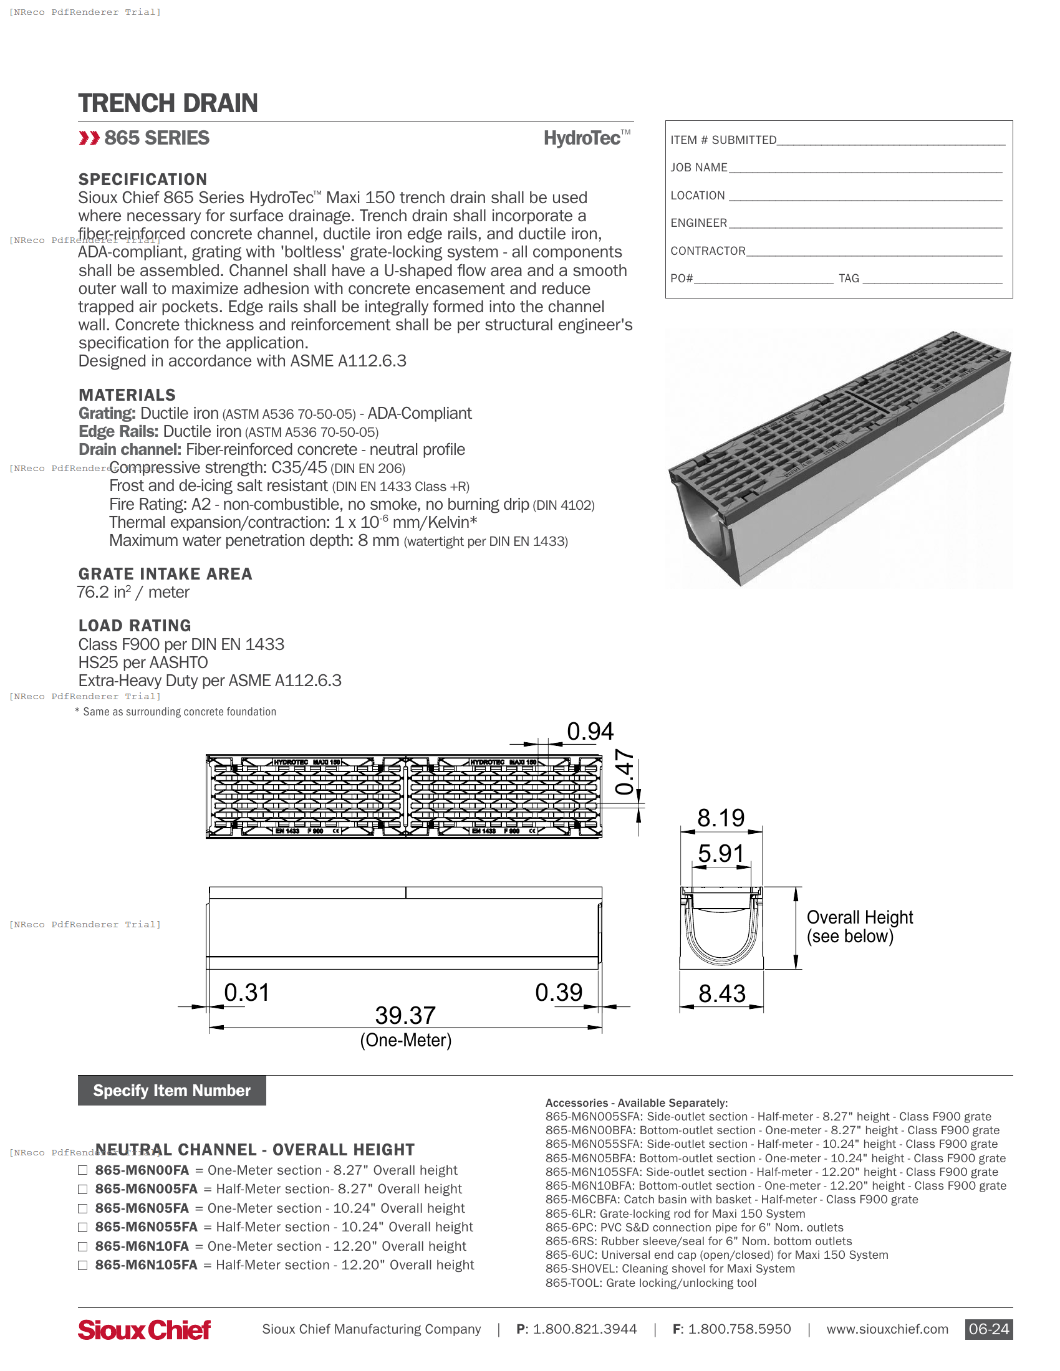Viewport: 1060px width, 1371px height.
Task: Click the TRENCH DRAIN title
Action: (x=168, y=103)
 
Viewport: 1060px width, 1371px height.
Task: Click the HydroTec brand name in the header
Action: (x=582, y=138)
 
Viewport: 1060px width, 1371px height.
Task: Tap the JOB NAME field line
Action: (x=865, y=168)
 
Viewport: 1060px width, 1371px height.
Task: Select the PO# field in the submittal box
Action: (x=763, y=279)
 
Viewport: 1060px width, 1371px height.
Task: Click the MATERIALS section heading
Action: (x=127, y=395)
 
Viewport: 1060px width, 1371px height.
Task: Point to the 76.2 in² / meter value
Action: (x=133, y=592)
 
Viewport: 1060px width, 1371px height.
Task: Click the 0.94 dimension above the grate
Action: (x=590, y=732)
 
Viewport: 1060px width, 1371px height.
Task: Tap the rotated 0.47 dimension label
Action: (x=624, y=771)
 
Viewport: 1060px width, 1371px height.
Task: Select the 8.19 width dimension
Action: (x=720, y=818)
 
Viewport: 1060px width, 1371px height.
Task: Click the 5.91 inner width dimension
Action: (x=720, y=854)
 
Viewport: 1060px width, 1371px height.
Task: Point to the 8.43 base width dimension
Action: (x=721, y=994)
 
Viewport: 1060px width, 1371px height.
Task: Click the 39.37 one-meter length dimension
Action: (x=405, y=1016)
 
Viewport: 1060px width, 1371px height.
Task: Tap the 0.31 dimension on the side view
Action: (x=246, y=993)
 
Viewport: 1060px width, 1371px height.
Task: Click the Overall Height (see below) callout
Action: (x=859, y=927)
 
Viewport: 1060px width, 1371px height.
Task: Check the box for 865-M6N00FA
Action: (x=82, y=1170)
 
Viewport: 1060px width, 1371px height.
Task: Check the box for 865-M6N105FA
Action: (x=82, y=1265)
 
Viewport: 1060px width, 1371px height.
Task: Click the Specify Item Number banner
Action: (x=171, y=1091)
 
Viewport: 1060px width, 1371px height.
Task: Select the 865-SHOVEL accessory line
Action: (x=670, y=1269)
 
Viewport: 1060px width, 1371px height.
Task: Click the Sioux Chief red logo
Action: (x=144, y=1330)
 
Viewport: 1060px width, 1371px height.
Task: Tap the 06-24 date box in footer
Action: (x=988, y=1329)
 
